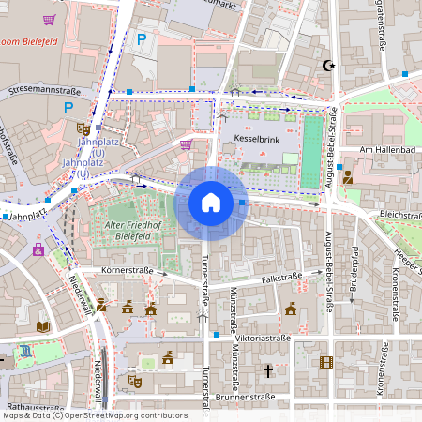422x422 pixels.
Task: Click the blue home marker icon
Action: [x=211, y=203]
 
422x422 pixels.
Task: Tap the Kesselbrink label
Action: [x=250, y=138]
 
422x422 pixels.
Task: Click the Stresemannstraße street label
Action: [x=44, y=91]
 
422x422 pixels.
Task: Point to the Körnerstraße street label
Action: [x=126, y=270]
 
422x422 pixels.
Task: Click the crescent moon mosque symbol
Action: [x=327, y=66]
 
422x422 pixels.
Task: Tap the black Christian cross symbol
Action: [x=267, y=371]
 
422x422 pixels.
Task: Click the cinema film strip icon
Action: [x=325, y=362]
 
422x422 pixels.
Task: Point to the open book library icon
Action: [x=42, y=326]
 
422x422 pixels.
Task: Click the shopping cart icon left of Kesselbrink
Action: [x=186, y=143]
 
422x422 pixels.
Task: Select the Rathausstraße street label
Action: [x=32, y=409]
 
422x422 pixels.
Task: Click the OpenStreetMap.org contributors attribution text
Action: [x=128, y=415]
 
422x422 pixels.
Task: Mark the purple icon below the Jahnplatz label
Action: [x=38, y=249]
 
